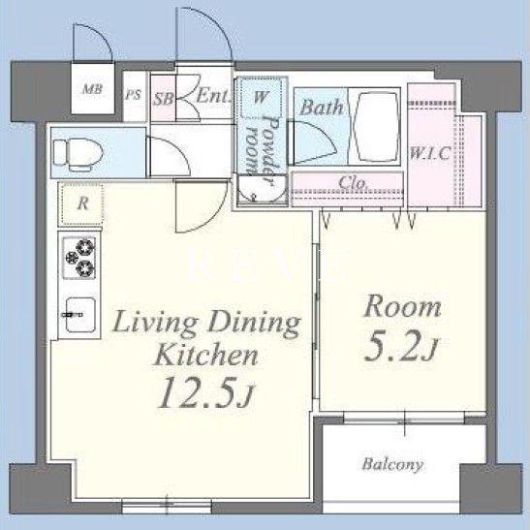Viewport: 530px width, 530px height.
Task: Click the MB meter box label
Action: coord(92,89)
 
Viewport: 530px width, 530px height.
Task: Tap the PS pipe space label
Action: coord(133,95)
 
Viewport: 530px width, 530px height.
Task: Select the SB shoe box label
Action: coord(164,99)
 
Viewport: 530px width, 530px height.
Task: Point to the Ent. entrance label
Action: coord(213,96)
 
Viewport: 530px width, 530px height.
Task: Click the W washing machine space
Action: coord(260,97)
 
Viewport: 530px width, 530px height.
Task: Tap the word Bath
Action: coord(321,108)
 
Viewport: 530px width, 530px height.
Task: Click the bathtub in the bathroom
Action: coord(374,127)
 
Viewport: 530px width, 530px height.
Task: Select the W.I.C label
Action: coord(430,153)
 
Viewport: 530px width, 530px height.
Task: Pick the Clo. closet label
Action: coord(353,183)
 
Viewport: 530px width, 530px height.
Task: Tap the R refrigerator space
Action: coord(81,203)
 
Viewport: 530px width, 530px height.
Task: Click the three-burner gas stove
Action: coord(79,258)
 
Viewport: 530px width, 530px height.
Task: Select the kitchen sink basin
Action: coord(80,315)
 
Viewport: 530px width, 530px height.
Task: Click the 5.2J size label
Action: coord(401,346)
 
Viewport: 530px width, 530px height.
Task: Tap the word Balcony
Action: coord(392,464)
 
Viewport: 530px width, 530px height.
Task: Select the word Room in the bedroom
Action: coord(402,306)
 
